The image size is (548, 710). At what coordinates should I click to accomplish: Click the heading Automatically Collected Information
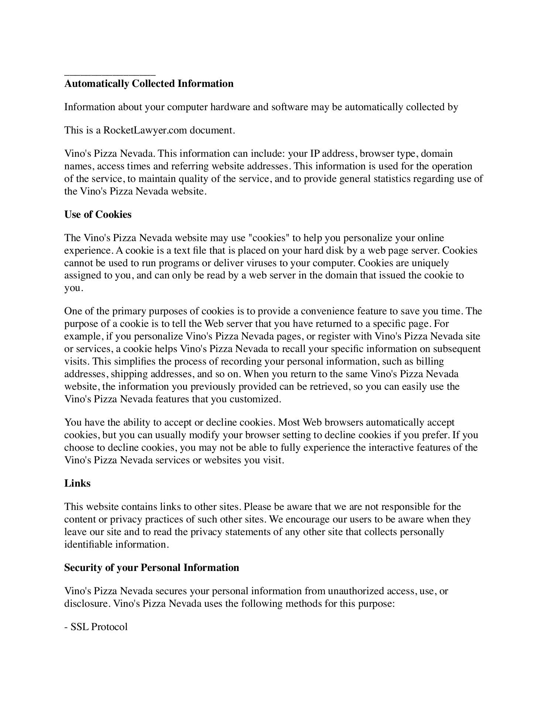tap(149, 84)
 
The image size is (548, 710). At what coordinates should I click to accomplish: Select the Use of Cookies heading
tap(98, 214)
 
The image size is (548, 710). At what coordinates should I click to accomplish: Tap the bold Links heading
tap(77, 483)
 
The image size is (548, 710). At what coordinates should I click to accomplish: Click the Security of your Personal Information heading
tap(151, 568)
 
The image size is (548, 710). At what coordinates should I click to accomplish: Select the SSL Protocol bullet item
tap(96, 627)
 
